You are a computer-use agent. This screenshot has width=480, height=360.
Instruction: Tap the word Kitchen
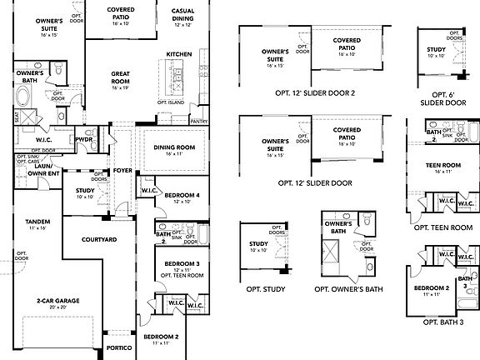point(179,54)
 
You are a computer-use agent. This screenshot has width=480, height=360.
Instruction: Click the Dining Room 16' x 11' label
point(173,150)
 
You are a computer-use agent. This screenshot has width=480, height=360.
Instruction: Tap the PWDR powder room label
point(83,139)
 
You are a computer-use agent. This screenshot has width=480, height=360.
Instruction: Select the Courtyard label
point(122,240)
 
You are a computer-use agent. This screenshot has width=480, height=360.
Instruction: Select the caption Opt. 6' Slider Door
point(443,98)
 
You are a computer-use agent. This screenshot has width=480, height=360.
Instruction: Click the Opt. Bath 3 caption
point(442,322)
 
